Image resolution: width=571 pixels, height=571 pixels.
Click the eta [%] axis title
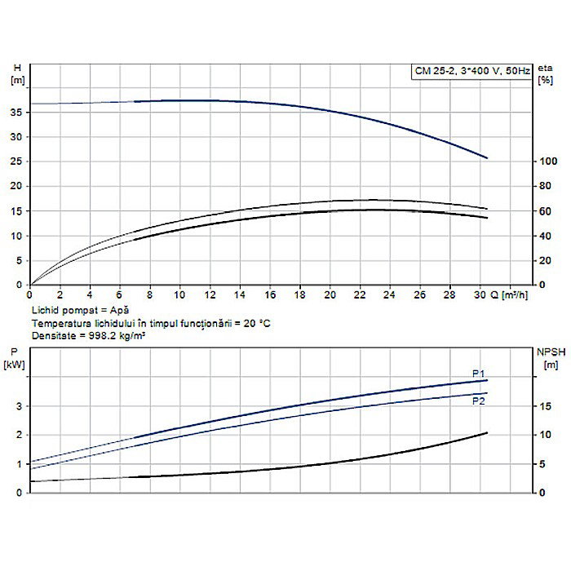545,73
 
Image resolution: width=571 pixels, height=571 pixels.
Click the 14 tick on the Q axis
240,294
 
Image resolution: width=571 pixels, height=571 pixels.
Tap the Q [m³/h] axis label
514,294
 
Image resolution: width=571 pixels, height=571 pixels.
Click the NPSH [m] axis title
547,356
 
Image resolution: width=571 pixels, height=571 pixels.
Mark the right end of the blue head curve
487,157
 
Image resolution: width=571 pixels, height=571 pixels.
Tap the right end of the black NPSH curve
487,432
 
